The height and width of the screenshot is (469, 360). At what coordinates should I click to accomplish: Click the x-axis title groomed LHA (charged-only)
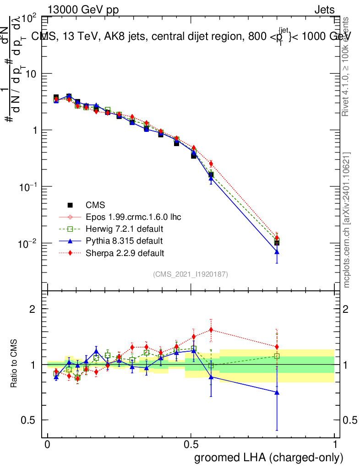tap(269, 458)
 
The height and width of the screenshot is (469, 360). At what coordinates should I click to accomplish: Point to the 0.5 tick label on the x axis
tap(191, 445)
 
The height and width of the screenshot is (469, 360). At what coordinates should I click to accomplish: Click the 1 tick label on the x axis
tap(335, 445)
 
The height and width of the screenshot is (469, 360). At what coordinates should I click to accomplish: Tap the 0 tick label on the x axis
tap(47, 445)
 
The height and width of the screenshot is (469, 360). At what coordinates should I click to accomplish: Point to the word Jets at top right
tap(324, 10)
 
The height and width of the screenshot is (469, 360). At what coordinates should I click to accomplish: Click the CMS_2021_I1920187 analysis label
tap(191, 274)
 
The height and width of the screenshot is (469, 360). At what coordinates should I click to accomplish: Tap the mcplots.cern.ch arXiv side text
tap(347, 220)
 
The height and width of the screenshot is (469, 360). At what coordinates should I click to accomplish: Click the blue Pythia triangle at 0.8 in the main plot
tap(277, 252)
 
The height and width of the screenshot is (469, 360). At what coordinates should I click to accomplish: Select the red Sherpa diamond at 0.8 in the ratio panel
tap(277, 347)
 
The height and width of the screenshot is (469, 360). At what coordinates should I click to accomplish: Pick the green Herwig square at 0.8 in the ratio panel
tap(277, 356)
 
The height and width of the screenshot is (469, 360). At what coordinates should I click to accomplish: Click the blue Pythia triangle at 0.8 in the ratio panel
tap(277, 392)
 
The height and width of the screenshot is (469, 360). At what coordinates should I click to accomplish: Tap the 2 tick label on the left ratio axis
tap(33, 309)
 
